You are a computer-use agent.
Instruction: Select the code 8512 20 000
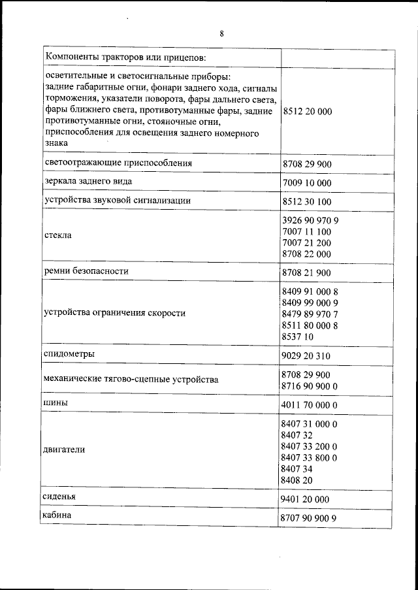[x=307, y=112]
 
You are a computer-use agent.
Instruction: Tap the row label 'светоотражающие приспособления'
[x=118, y=161]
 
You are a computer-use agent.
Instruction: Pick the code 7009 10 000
[x=307, y=182]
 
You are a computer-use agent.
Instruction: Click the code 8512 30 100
[x=307, y=201]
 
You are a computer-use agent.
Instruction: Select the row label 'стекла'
[x=57, y=234]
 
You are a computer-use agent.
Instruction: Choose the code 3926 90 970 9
[x=310, y=220]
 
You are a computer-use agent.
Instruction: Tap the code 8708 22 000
[x=307, y=254]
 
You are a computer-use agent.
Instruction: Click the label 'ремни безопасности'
[x=86, y=270]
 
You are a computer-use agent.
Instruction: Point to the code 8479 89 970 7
[x=310, y=314]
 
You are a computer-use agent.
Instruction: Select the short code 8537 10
[x=297, y=336]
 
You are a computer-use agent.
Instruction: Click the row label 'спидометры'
[x=69, y=353]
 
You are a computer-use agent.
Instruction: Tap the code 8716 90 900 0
[x=310, y=387]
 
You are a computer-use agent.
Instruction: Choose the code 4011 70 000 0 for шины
[x=310, y=406]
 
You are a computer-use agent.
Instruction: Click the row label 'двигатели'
[x=65, y=450]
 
